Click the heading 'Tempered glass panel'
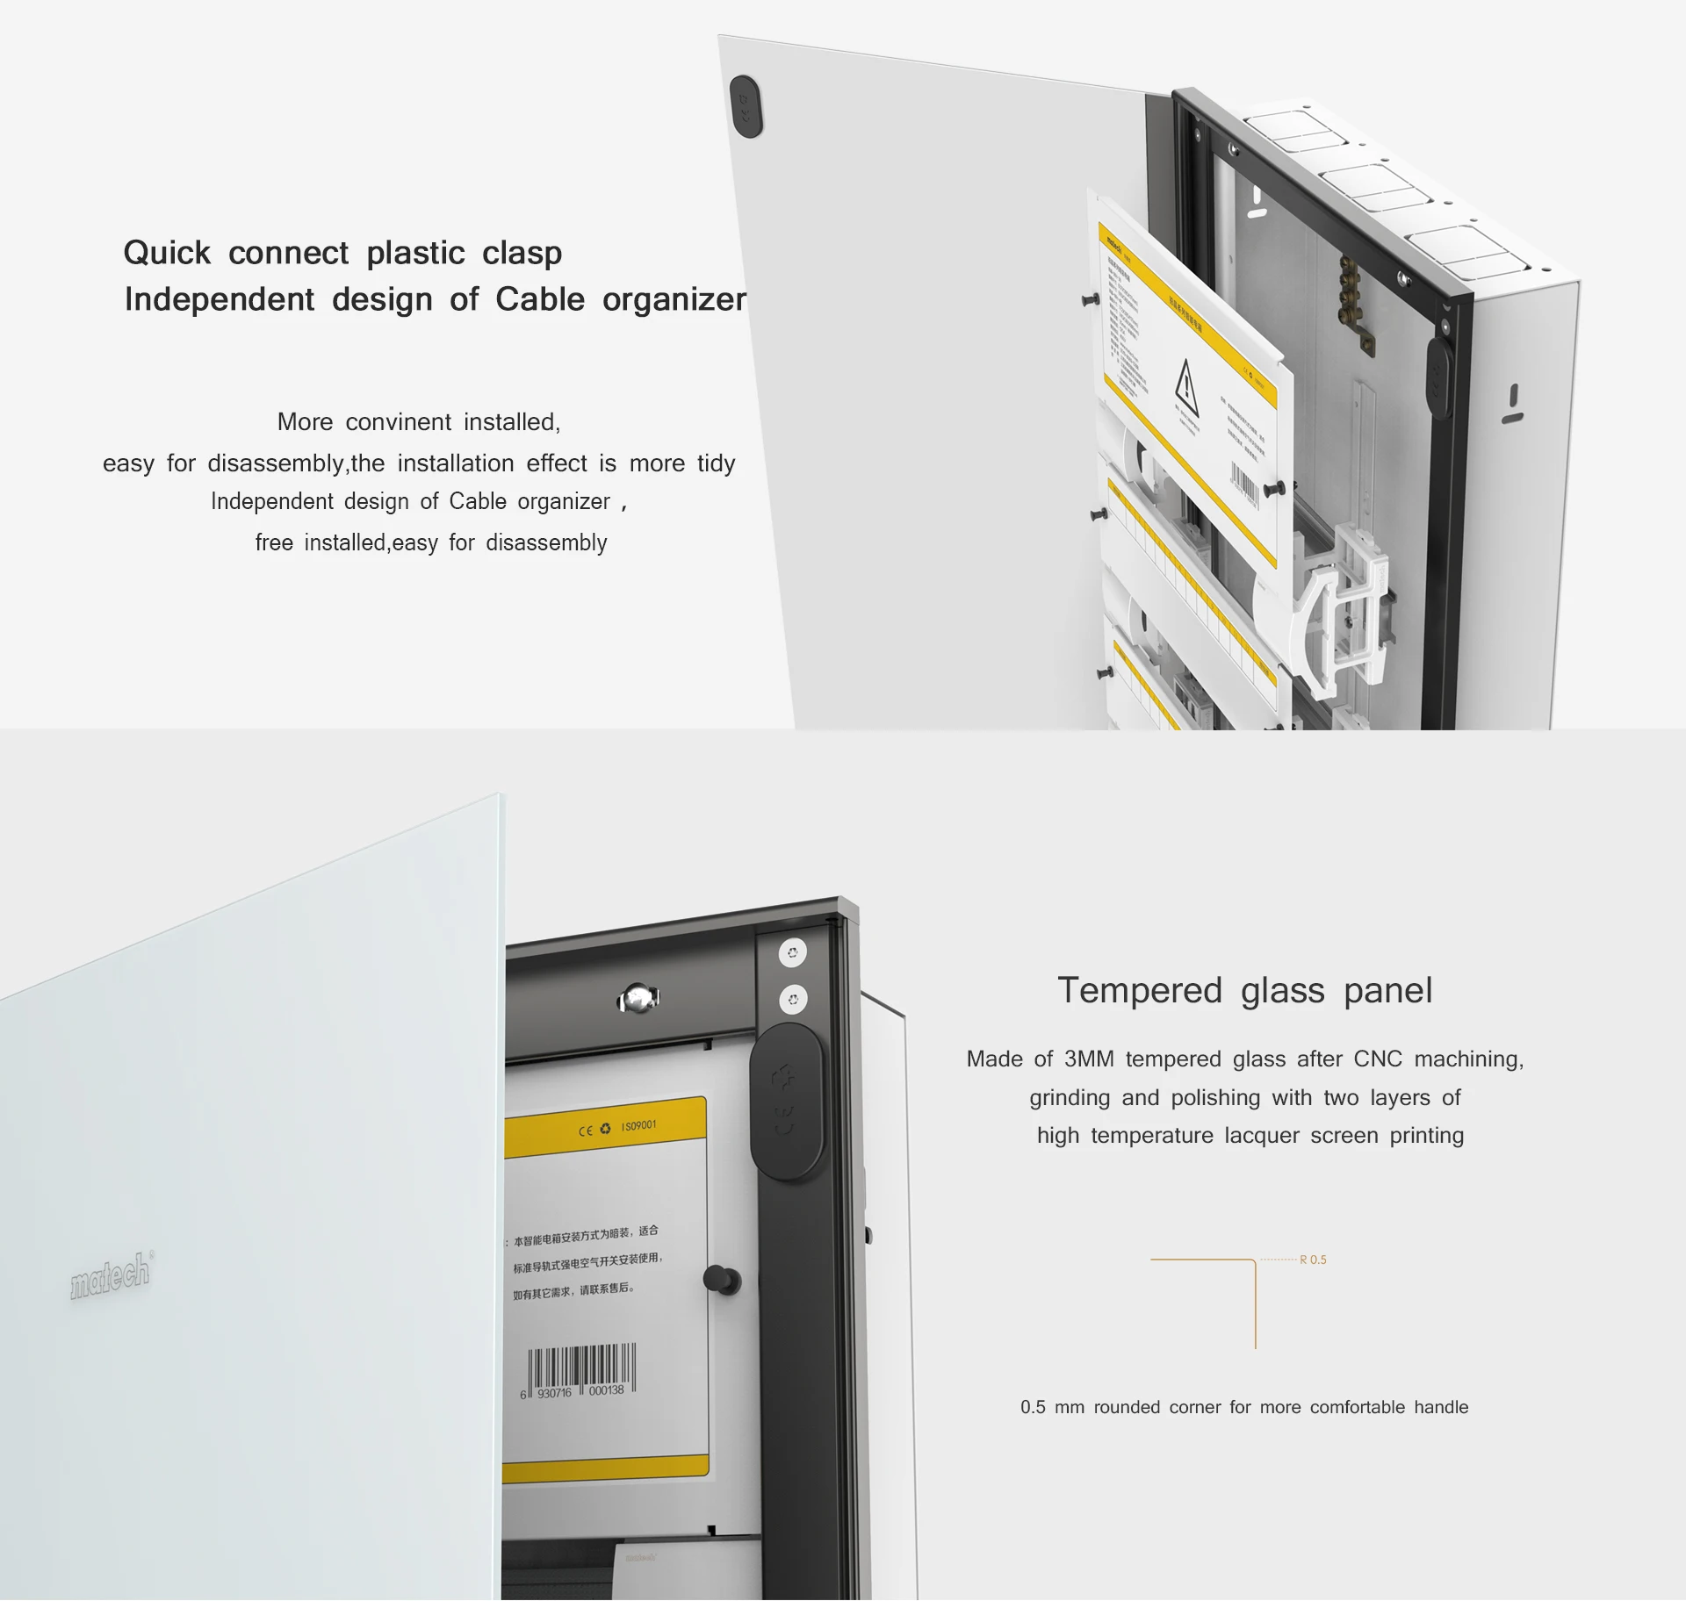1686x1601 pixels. [1244, 990]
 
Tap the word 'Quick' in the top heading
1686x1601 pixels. [167, 253]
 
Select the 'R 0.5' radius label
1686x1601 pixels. [1313, 1260]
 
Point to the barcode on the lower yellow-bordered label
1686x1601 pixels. [580, 1368]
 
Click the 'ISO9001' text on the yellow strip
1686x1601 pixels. [638, 1125]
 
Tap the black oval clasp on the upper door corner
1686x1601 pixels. [746, 106]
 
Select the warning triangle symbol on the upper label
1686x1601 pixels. [1186, 386]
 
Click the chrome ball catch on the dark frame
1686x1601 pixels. [639, 999]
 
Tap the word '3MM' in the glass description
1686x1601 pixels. [1089, 1059]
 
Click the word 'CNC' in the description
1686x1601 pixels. [1378, 1059]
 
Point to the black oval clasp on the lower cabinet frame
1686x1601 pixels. [787, 1102]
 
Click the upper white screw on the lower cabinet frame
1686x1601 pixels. [792, 953]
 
